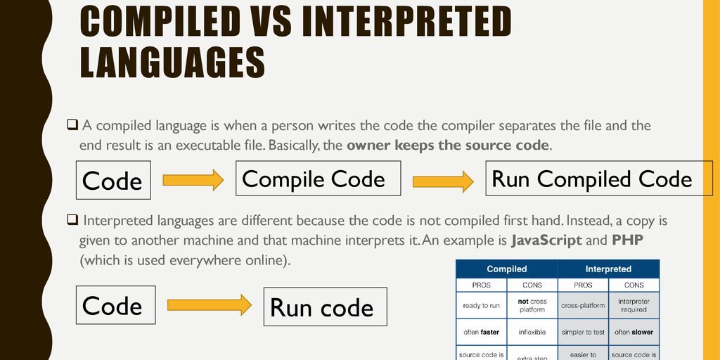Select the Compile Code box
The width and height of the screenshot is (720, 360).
coord(318,179)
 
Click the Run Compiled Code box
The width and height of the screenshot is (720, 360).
coord(592,179)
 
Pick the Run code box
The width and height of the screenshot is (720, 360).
coord(325,307)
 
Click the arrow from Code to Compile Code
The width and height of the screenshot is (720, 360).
coord(192,180)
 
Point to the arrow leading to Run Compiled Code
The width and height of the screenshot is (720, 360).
coord(443,181)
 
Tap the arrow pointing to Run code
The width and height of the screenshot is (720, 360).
coord(209,304)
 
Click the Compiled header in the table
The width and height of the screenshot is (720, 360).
coord(507,269)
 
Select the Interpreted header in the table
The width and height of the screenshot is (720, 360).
coord(608,269)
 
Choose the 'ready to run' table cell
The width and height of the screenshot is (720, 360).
coord(482,305)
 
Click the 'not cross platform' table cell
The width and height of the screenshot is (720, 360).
coord(532,305)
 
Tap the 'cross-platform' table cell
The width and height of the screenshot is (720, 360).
coord(583,305)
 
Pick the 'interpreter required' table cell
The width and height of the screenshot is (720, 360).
coord(634,305)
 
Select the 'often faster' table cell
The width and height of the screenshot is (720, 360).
coord(482,332)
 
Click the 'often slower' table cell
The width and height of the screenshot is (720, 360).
coord(634,332)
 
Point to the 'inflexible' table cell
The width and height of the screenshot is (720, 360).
coord(532,332)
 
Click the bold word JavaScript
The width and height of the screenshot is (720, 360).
coord(546,240)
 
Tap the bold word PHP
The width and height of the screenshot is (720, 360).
coord(628,240)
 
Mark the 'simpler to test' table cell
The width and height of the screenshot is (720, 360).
coord(583,332)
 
